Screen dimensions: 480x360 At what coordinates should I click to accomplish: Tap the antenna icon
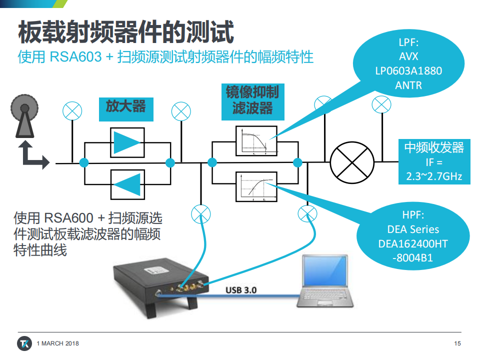(24, 115)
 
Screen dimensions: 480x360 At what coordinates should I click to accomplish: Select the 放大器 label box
(126, 109)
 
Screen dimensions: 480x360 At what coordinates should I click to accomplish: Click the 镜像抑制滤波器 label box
(253, 101)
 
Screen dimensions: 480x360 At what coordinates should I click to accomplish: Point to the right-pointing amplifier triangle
(126, 142)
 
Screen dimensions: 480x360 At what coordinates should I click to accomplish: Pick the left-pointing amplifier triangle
(127, 184)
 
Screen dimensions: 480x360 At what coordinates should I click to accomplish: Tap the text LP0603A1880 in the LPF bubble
(408, 71)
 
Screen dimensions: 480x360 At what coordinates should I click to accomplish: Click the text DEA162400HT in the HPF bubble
(413, 243)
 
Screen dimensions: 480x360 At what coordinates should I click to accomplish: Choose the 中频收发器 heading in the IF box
(434, 147)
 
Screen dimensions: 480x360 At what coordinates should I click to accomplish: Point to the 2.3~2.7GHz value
(434, 176)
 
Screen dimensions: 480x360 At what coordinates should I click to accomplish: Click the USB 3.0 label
(241, 290)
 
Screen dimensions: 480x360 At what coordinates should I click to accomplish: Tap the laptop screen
(325, 271)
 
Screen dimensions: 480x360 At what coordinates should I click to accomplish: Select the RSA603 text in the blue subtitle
(75, 57)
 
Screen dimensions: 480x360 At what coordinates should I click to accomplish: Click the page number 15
(457, 343)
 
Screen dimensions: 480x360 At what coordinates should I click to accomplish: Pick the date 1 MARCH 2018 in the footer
(58, 343)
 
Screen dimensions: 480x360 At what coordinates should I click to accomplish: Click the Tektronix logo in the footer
(24, 343)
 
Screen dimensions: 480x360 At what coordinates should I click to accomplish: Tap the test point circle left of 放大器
(72, 111)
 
